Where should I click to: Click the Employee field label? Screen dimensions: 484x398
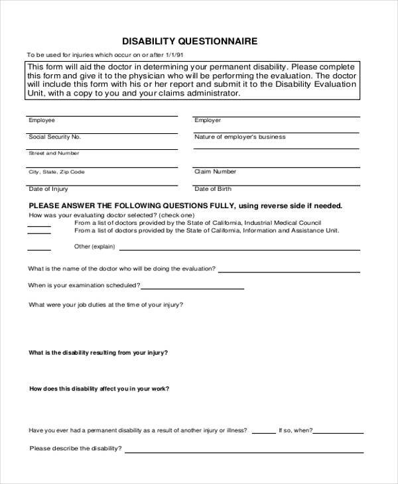[x=41, y=121]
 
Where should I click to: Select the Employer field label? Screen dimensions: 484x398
[x=208, y=121]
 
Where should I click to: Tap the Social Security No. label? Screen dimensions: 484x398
[x=54, y=137]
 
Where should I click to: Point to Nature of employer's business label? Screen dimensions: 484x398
[x=239, y=137]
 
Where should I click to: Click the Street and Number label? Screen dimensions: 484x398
[x=54, y=153]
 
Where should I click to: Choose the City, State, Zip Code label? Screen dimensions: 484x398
[x=56, y=172]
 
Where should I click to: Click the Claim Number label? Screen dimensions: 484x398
[x=215, y=171]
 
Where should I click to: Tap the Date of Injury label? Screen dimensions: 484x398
[x=44, y=188]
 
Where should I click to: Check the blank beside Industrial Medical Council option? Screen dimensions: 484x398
[x=38, y=225]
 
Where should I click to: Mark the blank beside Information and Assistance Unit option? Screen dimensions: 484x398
[x=38, y=233]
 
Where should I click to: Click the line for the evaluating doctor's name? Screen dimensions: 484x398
[x=290, y=271]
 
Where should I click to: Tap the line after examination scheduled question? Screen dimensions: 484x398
[x=192, y=288]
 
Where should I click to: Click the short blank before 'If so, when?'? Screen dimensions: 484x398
[x=264, y=432]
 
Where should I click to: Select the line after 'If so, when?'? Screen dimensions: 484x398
[x=338, y=432]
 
